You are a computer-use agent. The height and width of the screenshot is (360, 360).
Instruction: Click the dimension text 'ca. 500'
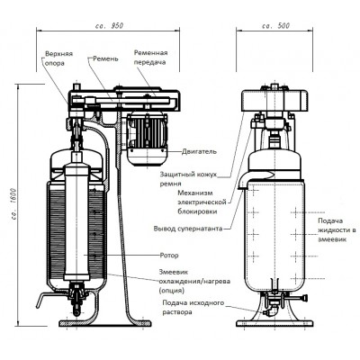(x=276, y=25)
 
